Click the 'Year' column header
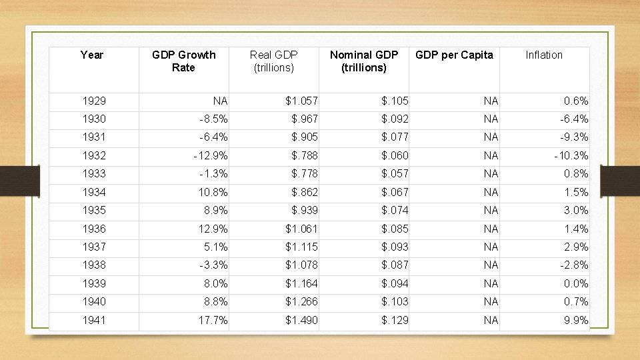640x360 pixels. coord(92,55)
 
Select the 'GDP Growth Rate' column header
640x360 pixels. coord(183,61)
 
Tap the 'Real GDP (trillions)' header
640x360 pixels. coord(273,61)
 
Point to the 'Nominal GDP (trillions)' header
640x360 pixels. coord(363,61)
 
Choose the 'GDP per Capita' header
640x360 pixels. coord(454,55)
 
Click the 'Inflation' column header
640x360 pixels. coord(544,55)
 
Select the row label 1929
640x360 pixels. coord(93,101)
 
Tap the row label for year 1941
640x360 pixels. coord(93,321)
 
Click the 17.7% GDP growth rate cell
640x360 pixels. coord(213,321)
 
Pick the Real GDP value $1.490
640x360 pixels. coord(301,321)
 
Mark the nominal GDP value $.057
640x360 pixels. coord(395,174)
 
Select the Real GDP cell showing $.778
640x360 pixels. coord(305,174)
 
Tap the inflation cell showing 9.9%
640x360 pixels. coord(575,321)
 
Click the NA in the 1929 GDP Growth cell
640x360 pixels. coord(220,101)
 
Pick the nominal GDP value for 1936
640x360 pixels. coord(395,229)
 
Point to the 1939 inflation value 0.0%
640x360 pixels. coord(575,284)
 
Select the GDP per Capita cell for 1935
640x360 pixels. coord(491,211)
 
